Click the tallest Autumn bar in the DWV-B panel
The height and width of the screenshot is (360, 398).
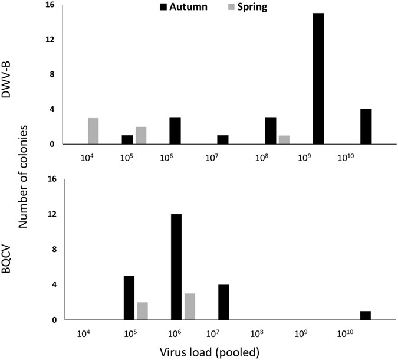(x=318, y=78)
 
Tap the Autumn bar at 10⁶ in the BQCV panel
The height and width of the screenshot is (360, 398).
(x=176, y=267)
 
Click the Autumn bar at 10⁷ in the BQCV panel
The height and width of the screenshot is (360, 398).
(x=223, y=302)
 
